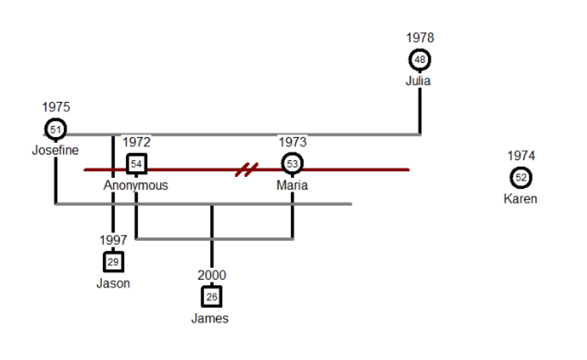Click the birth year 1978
[420, 37]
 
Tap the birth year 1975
[56, 107]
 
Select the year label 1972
[137, 142]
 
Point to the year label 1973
[293, 142]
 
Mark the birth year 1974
[521, 156]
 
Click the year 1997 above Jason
[113, 240]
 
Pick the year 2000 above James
[212, 276]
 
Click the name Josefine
[55, 151]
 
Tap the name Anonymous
[136, 186]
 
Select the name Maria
[292, 185]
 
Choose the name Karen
[521, 198]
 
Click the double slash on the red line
[247, 169]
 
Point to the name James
[210, 318]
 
